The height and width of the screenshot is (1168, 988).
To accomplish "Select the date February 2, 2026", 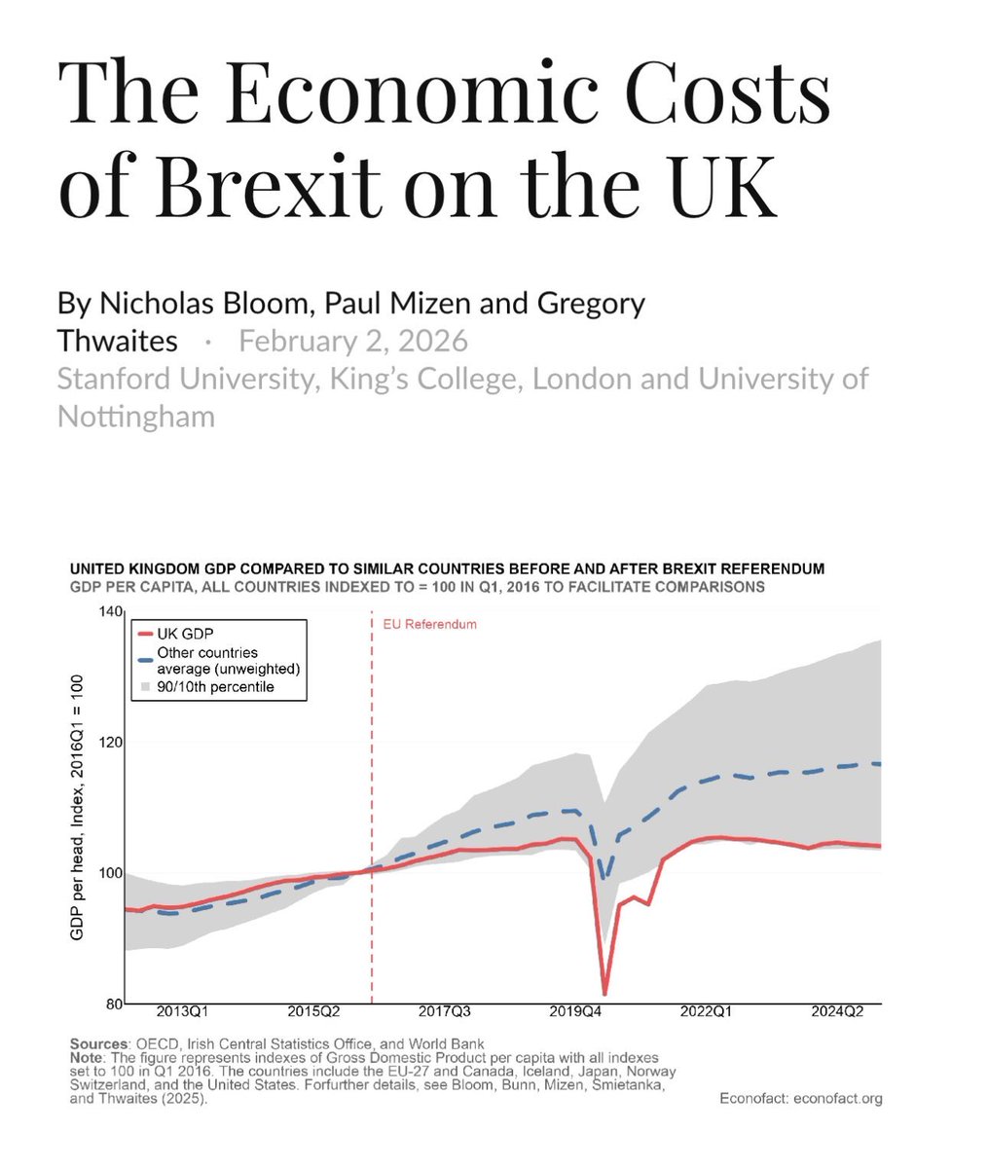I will [x=353, y=341].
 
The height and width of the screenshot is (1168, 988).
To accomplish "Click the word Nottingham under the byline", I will [x=135, y=416].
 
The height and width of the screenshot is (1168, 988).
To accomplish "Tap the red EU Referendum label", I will [x=429, y=624].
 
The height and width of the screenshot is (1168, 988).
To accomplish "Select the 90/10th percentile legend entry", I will [x=215, y=687].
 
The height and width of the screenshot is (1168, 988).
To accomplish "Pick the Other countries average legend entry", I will [x=227, y=661].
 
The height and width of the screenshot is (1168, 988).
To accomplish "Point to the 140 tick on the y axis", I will [x=110, y=612].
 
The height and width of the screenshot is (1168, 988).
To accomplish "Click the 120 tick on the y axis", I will [x=110, y=743].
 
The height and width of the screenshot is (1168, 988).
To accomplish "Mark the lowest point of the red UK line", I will [x=604, y=993].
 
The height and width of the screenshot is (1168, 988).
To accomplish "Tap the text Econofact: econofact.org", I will [x=799, y=1099].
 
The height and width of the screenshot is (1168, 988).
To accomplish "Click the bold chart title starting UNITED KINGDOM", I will [x=447, y=568].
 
